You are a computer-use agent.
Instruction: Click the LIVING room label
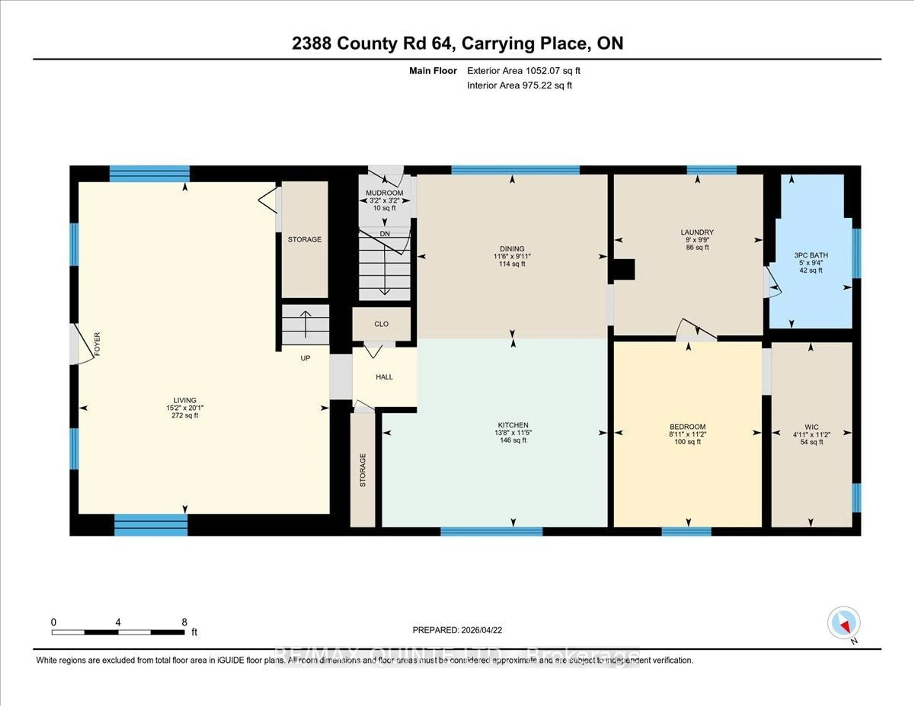click(x=184, y=400)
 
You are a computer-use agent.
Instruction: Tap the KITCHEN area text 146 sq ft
click(x=513, y=440)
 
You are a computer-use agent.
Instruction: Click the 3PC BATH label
click(x=811, y=255)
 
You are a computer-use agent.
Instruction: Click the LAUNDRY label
click(x=697, y=232)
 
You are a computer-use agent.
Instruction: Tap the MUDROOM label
click(x=384, y=193)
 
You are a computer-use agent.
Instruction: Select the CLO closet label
click(x=381, y=324)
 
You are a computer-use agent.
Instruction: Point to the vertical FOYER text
click(x=97, y=344)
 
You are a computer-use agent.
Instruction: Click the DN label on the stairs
click(x=385, y=234)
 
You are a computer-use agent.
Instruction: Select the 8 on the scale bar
click(x=184, y=622)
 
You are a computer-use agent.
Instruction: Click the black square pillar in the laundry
click(x=624, y=269)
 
